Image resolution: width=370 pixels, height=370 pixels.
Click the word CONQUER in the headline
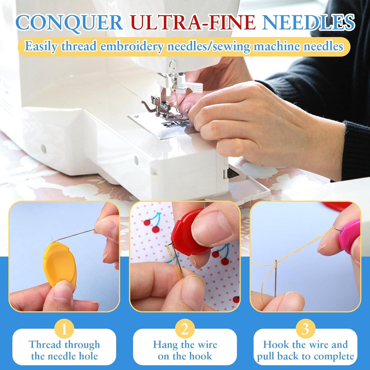coord(69,23)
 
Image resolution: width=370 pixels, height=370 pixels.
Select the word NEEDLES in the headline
coord(309,23)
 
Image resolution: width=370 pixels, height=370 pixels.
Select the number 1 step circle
coord(64,329)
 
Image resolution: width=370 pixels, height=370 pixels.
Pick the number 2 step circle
coord(185,329)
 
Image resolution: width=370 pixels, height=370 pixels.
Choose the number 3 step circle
coord(305,329)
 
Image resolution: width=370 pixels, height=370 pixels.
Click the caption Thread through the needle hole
coord(64,350)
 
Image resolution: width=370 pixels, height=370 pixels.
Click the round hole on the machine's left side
coord(44,148)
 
